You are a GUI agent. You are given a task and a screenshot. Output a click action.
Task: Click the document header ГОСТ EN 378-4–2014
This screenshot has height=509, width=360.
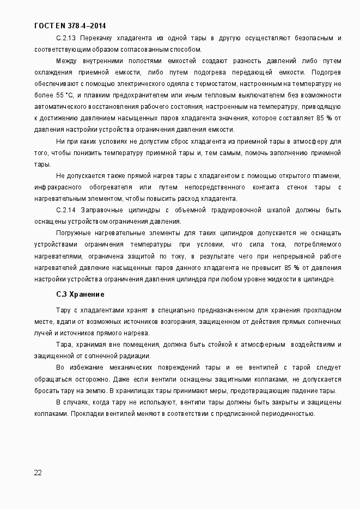(70, 26)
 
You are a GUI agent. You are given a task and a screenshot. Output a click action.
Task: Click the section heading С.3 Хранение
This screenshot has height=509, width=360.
(80, 295)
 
